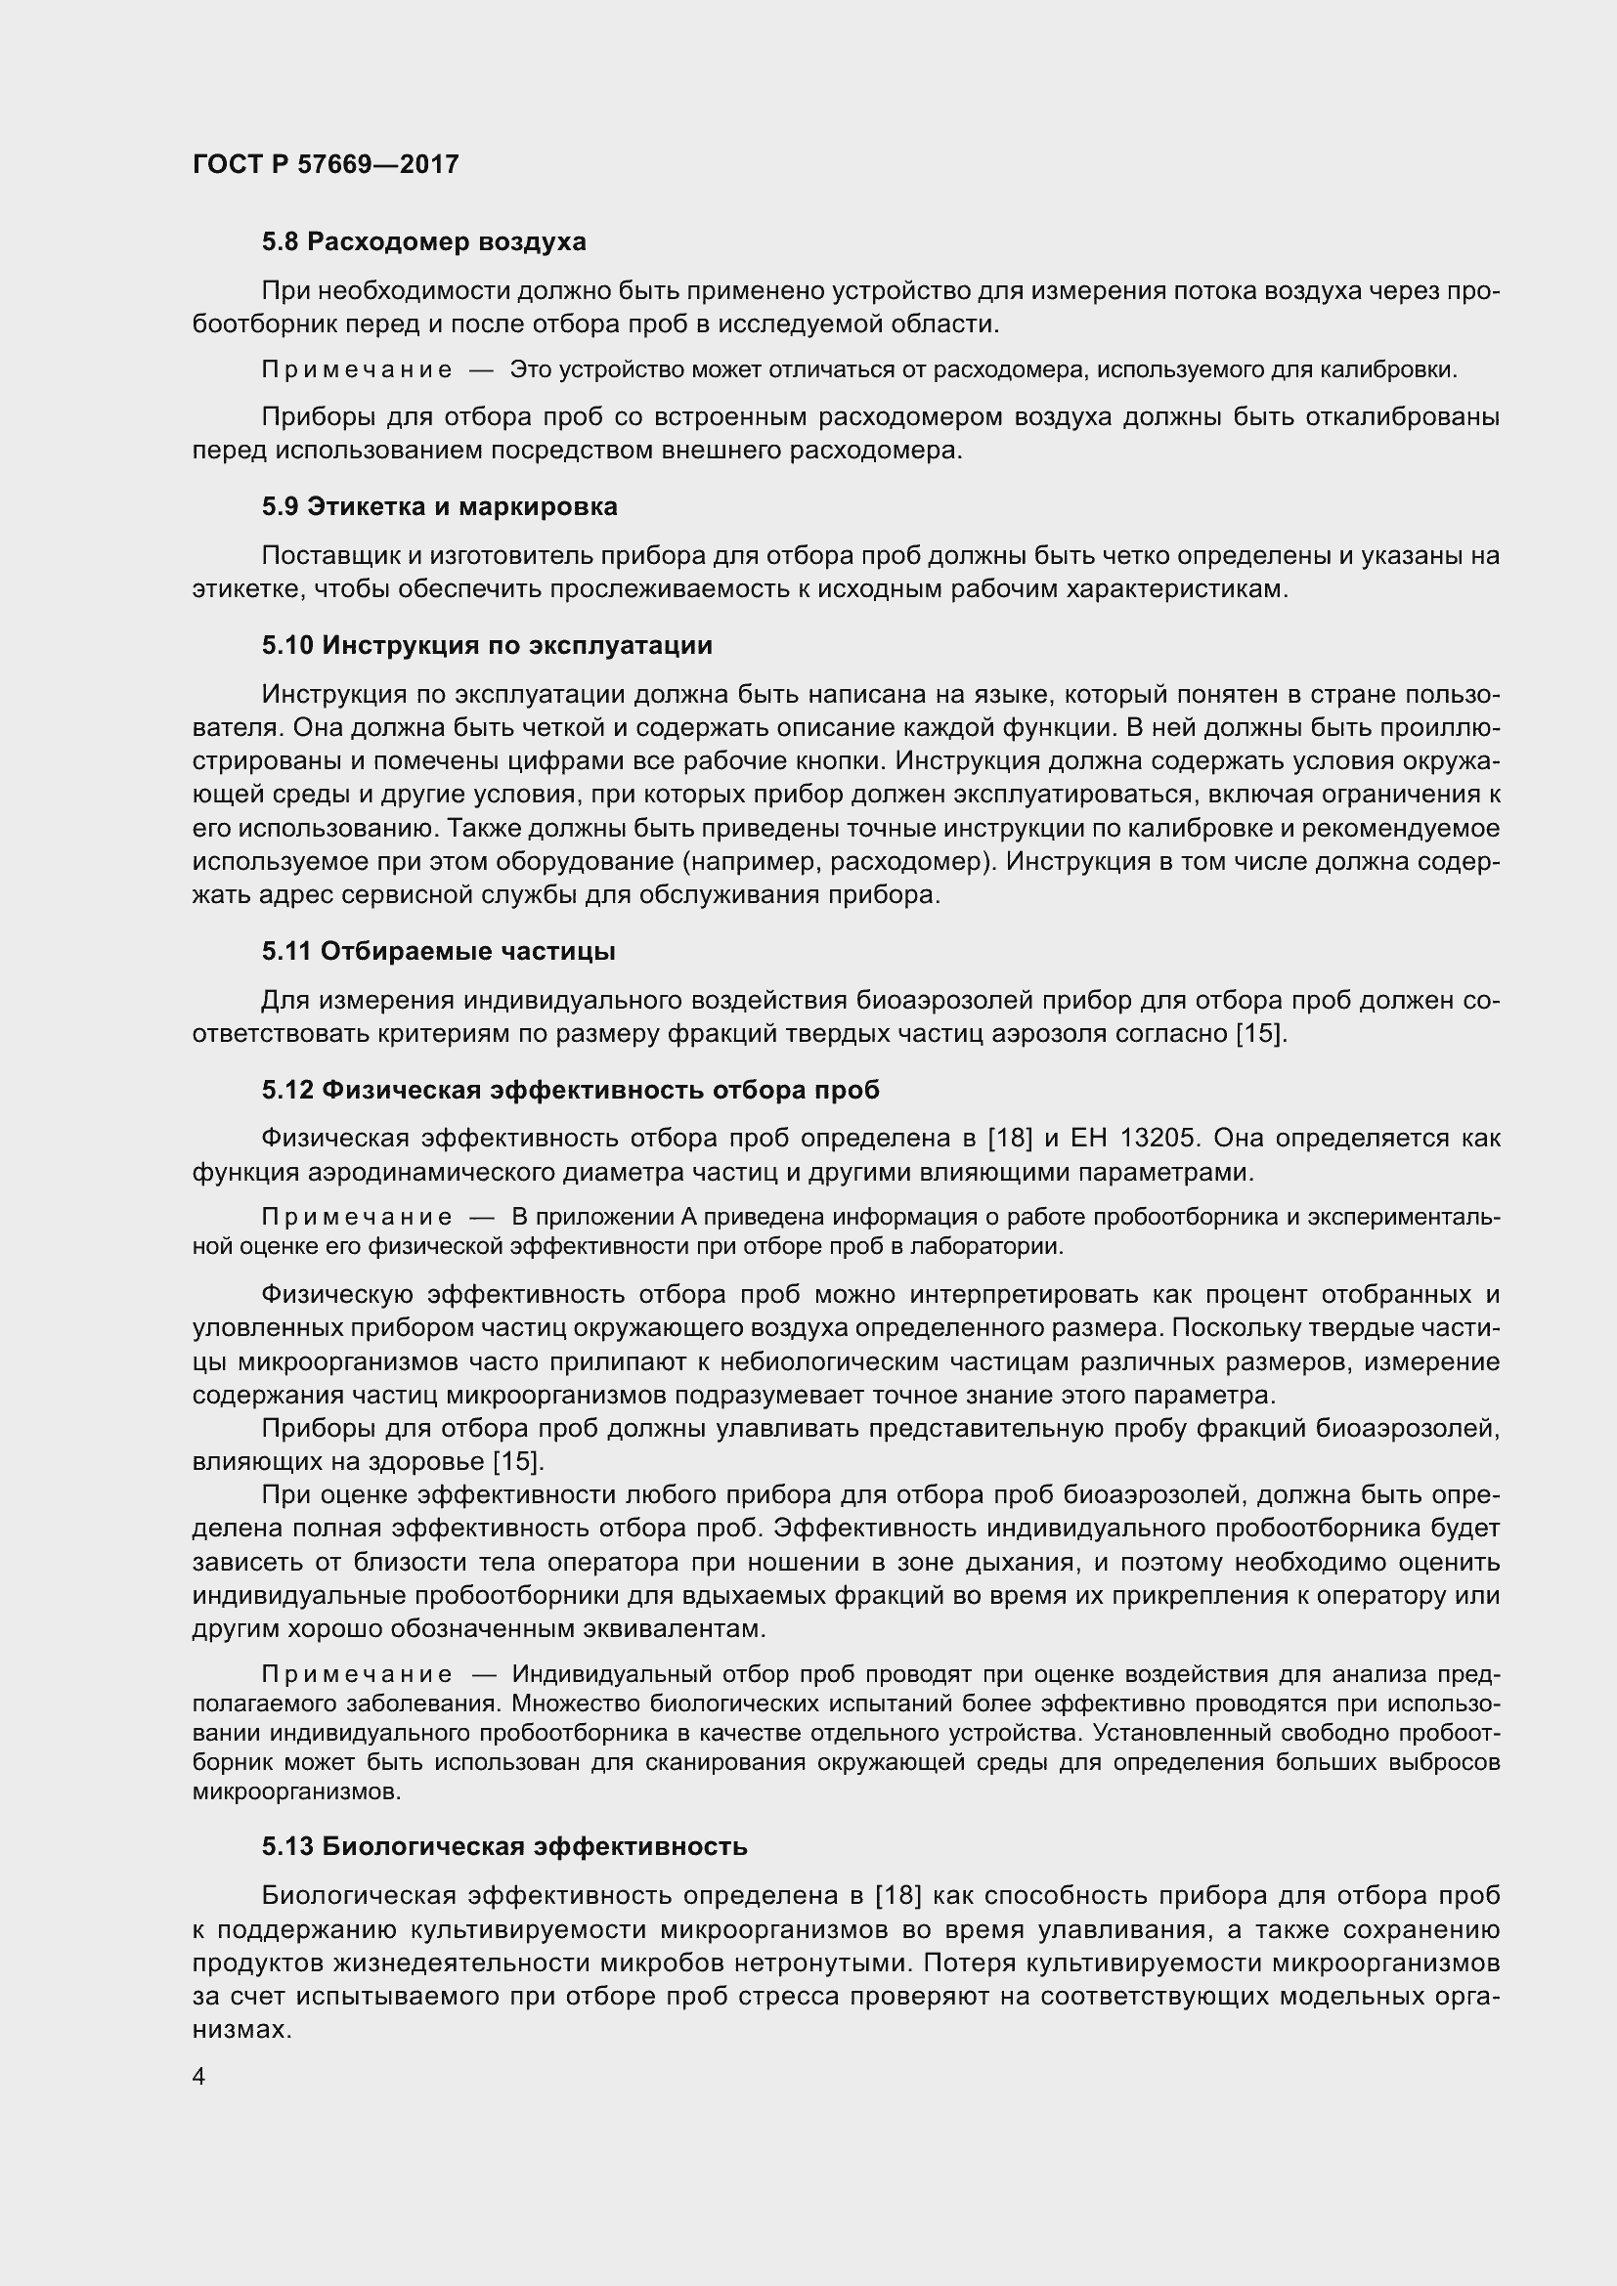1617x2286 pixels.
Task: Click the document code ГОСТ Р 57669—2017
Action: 326,164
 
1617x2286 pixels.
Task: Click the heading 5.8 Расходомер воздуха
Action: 423,242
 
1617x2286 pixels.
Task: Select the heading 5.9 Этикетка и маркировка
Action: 439,507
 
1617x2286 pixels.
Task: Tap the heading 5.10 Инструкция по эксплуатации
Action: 487,645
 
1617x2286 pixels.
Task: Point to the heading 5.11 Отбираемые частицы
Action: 438,952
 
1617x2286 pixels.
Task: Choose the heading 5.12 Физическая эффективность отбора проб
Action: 571,1091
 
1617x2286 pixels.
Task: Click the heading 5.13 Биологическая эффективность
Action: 504,1847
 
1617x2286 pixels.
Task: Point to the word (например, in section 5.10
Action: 754,861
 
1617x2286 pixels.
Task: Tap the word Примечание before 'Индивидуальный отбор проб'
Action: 357,1676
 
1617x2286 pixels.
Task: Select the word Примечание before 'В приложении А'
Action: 357,1218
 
